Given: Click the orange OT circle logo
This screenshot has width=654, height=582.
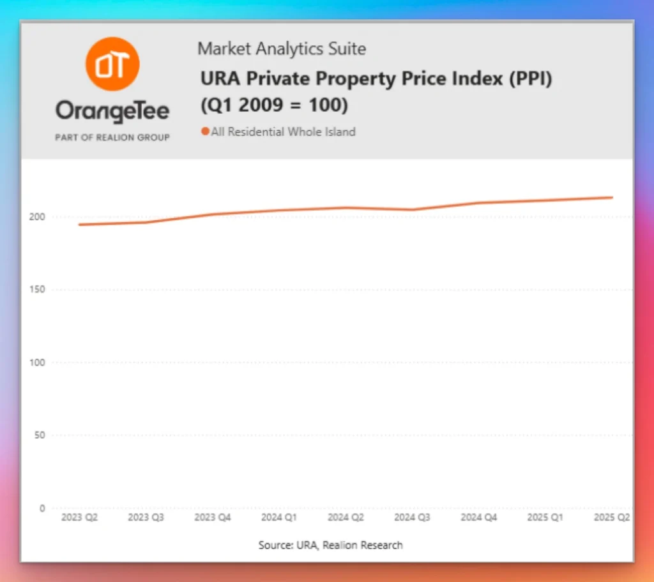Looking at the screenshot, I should (112, 64).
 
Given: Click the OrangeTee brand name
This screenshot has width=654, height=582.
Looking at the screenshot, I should (112, 112).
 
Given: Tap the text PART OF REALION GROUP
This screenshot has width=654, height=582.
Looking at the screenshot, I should (112, 137).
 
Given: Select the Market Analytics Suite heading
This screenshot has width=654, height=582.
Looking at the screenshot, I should (282, 48).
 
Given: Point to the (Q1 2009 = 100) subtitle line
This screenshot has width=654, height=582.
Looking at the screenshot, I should (275, 105).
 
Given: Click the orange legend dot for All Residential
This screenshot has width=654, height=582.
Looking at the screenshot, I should (205, 132).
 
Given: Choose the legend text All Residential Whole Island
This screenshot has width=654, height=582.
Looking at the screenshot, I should (283, 132).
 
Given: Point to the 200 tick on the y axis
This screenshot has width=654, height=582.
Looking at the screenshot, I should (38, 217).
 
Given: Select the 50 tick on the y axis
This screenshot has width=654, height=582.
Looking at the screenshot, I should (40, 435).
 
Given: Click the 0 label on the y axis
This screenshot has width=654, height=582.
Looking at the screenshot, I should (43, 509).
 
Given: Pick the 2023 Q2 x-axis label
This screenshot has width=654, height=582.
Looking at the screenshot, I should (79, 518).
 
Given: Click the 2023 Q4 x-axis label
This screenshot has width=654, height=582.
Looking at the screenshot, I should (213, 518).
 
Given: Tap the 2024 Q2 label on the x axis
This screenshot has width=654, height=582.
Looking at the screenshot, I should (346, 518).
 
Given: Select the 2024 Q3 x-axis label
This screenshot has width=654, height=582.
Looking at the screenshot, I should (412, 518).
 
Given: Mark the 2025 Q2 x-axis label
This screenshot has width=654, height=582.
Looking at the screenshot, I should (611, 518).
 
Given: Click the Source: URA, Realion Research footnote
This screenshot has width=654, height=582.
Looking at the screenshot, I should (330, 545).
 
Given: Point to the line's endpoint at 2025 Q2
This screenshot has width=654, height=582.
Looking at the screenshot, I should (612, 197).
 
